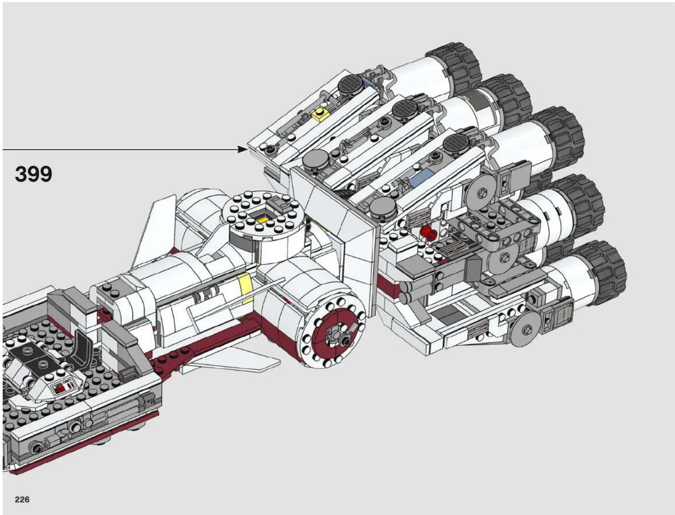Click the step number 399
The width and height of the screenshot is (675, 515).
tap(33, 174)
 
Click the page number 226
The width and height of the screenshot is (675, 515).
tap(22, 499)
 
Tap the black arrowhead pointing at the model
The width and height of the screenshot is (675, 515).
tap(242, 150)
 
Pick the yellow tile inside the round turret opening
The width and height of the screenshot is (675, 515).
tap(263, 220)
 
